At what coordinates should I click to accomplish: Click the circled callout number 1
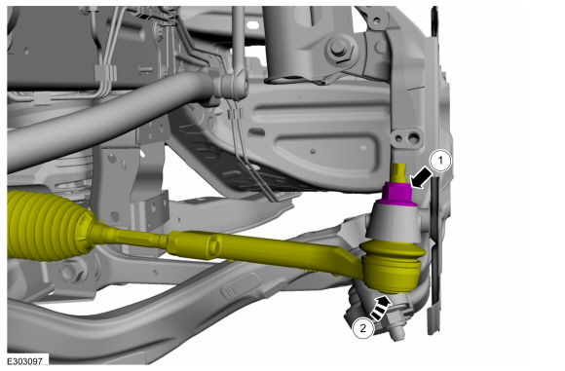(440, 161)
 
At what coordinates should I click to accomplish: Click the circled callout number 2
(362, 328)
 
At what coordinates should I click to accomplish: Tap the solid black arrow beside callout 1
(422, 178)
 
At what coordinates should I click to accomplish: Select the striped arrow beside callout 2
(381, 308)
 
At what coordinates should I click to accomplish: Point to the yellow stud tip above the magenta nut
(399, 173)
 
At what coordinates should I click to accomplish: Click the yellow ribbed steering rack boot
(47, 225)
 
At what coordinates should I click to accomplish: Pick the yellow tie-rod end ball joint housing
(392, 266)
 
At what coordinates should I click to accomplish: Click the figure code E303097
(25, 360)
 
